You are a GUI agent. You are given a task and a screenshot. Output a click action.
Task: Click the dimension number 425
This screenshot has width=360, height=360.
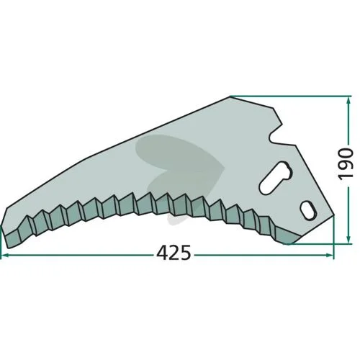(174, 253)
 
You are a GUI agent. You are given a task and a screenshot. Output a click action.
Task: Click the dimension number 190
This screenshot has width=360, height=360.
(346, 164)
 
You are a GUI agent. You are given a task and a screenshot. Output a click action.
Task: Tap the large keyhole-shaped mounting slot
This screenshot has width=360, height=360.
(275, 178)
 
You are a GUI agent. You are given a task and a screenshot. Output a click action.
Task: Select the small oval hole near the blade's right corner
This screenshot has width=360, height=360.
(308, 210)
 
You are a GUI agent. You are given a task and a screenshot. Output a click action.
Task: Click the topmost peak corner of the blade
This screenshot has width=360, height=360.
(230, 96)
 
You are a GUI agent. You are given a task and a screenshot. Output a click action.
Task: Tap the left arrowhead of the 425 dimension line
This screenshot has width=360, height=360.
(5, 256)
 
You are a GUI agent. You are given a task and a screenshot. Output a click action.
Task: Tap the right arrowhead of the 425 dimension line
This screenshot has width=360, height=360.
(330, 256)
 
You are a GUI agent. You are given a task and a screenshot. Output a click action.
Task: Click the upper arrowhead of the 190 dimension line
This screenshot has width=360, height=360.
(348, 101)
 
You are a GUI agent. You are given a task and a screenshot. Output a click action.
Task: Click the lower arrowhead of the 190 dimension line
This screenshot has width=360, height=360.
(348, 239)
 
